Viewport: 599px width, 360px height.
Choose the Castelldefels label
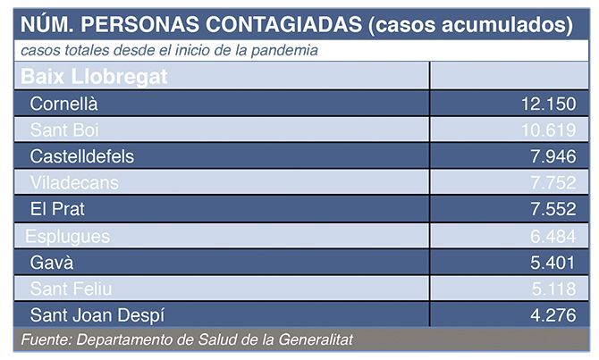click(x=81, y=156)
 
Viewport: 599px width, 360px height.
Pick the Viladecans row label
click(x=73, y=183)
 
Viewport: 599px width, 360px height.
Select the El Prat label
click(x=57, y=209)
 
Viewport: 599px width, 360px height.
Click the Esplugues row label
click(x=68, y=236)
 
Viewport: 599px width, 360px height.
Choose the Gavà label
click(x=51, y=262)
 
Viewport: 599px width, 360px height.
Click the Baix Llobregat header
click(x=94, y=77)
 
